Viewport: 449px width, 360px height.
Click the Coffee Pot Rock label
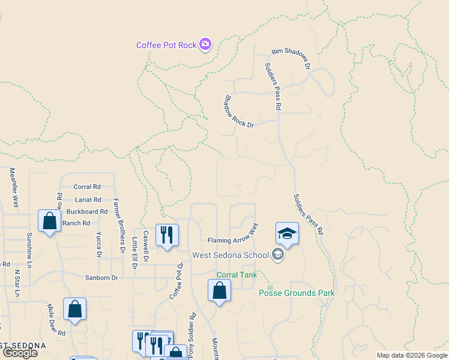point(166,45)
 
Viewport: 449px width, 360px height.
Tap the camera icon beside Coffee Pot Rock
point(205,44)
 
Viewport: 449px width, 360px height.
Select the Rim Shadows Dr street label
point(291,58)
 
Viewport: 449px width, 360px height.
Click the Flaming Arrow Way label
point(233,235)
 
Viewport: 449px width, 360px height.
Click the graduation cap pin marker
point(288,233)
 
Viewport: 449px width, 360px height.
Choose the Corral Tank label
point(237,275)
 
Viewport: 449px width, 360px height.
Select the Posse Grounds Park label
point(297,293)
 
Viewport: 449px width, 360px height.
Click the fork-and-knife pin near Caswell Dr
point(167,234)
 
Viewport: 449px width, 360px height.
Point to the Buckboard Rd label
point(87,211)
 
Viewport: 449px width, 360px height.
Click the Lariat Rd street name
point(88,199)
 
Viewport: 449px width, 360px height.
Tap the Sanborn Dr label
point(102,277)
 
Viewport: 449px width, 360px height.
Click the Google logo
point(20,353)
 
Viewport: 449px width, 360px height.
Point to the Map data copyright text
point(412,355)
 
